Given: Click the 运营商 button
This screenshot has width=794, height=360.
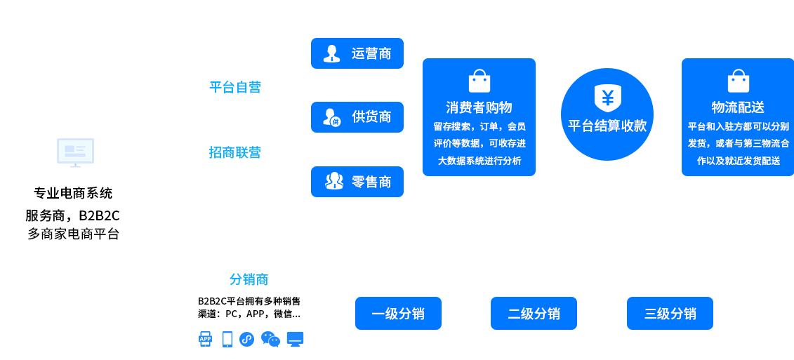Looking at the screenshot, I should tap(357, 53).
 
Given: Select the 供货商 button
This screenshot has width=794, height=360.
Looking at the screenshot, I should tap(357, 117).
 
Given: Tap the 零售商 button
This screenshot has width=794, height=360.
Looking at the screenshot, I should tap(357, 182).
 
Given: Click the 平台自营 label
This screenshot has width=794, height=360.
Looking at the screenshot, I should tap(235, 87).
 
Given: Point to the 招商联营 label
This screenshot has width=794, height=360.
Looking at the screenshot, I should tap(235, 152).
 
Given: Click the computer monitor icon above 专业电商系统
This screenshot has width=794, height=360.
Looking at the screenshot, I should tap(75, 152).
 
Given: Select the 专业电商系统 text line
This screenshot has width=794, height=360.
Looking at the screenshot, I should tap(73, 193).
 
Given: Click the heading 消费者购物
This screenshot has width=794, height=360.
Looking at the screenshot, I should tap(479, 107).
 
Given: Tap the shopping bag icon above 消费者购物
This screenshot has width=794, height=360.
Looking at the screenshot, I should tap(479, 81).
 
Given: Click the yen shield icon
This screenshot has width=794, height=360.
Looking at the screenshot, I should tap(607, 98).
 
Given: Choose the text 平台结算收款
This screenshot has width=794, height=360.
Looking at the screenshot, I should tap(607, 126).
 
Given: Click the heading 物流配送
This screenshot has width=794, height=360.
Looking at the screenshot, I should tap(738, 107).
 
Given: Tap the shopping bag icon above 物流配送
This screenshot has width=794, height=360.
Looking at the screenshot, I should tap(738, 81).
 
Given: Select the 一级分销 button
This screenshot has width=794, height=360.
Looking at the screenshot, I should tap(398, 314).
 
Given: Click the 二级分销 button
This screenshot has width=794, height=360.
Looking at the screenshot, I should tap(534, 314).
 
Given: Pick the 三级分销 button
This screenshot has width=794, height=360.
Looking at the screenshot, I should tap(670, 314).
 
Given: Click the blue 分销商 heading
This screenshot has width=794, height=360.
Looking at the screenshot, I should tap(249, 279).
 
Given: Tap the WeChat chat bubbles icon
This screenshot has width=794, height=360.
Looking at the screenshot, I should tap(270, 339).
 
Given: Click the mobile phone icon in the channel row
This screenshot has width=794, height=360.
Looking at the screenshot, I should tap(227, 339).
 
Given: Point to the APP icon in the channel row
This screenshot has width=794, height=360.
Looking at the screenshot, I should tap(205, 339).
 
